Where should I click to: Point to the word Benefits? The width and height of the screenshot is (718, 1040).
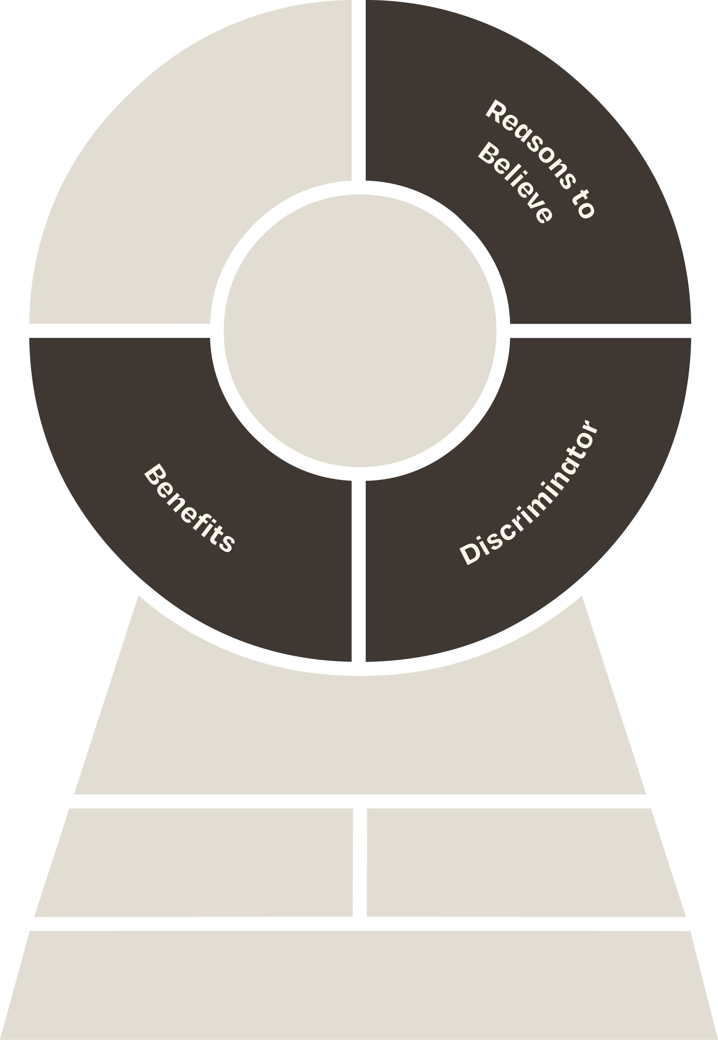190,508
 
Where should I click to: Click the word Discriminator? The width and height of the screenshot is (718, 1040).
528,492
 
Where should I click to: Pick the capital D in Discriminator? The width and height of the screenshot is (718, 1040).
469,554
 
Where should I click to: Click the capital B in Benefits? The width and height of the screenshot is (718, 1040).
155,474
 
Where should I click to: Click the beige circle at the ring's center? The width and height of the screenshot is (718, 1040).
360,331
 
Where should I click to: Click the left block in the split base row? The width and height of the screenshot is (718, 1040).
194,862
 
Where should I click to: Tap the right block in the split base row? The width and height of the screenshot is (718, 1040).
526,862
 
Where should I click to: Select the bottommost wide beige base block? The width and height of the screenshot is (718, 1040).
359,985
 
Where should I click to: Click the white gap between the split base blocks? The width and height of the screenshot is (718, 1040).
360,862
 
